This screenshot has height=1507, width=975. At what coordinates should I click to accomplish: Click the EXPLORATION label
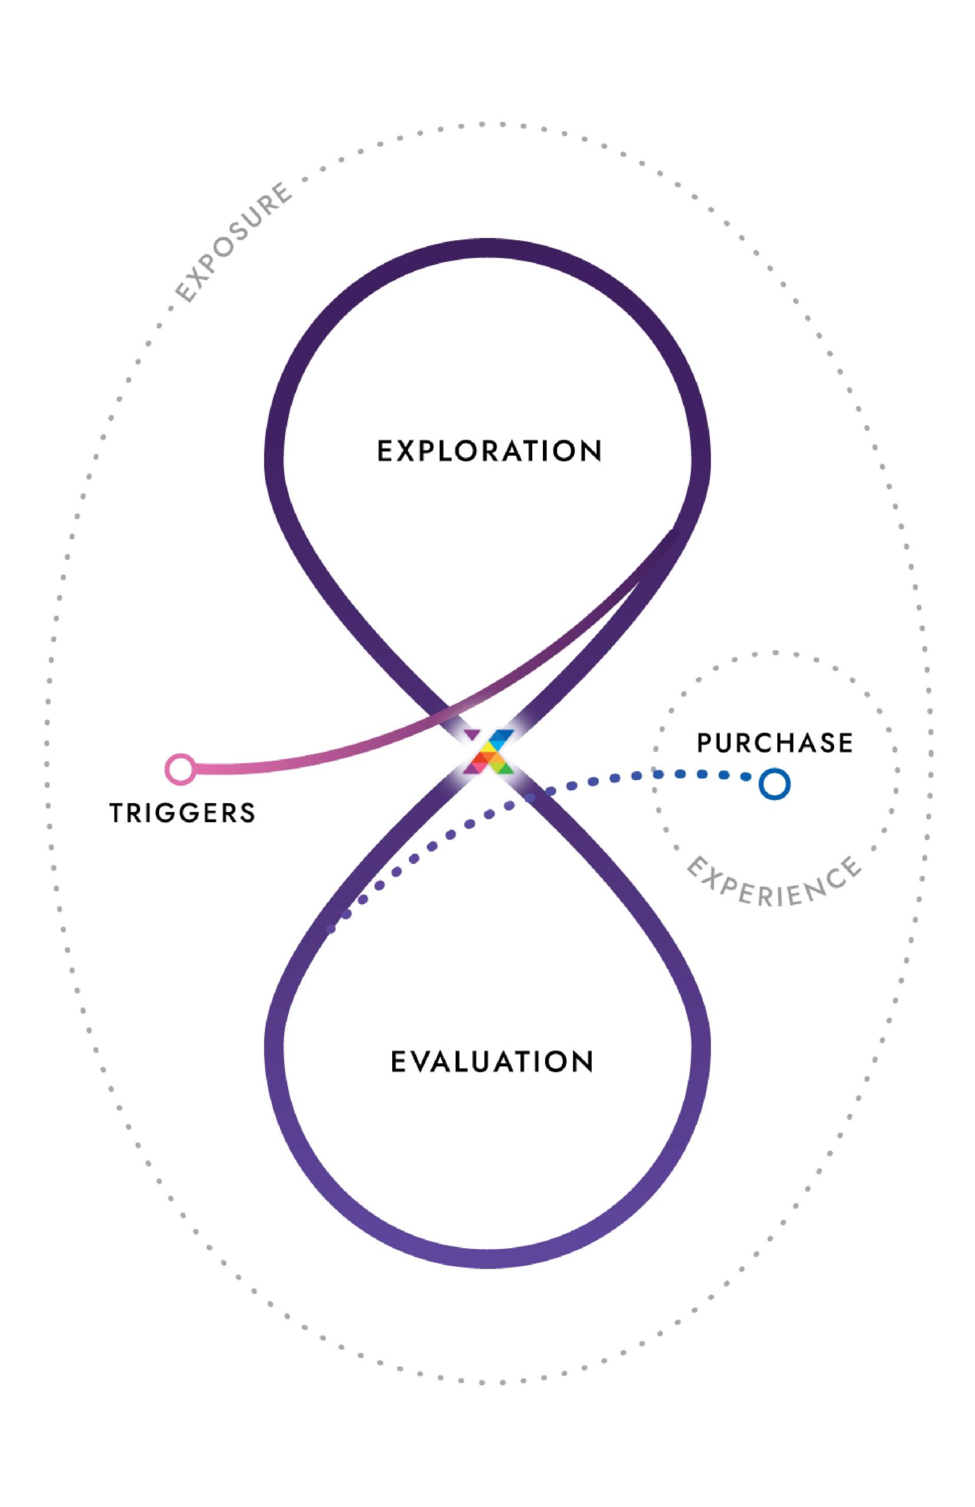coord(489,451)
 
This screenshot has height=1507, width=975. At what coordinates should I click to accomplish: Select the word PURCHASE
coord(774,742)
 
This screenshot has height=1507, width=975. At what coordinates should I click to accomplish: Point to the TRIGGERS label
coord(183,813)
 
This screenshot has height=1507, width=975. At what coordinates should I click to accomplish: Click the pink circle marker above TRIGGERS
coord(180,769)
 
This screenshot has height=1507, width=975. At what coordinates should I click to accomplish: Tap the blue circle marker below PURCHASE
coord(774,784)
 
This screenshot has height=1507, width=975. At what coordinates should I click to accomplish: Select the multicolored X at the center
coord(488,751)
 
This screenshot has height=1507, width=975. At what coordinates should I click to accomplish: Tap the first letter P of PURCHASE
coord(704,743)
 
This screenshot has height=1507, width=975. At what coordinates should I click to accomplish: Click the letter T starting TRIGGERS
coord(117,813)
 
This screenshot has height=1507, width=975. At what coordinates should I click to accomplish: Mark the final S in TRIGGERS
coord(247,813)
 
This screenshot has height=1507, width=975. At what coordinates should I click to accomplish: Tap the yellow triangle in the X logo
coord(489,747)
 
